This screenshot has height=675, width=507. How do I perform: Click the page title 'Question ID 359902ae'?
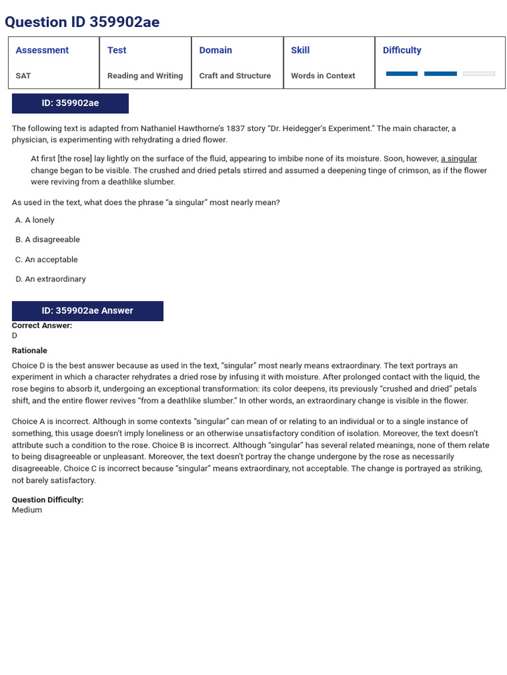click(x=82, y=22)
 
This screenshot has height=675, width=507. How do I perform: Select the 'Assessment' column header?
click(x=42, y=50)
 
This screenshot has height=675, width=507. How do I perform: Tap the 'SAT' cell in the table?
click(x=23, y=76)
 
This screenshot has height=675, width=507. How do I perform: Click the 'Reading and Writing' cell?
click(x=145, y=76)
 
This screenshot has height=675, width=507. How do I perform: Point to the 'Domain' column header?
click(x=216, y=50)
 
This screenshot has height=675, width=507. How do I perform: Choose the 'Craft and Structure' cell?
click(x=235, y=76)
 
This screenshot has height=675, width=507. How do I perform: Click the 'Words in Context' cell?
click(x=323, y=76)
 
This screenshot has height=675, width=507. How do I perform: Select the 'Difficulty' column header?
click(x=402, y=50)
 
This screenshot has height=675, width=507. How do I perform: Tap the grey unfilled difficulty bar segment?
click(x=479, y=74)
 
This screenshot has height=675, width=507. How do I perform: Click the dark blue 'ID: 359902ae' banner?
click(x=70, y=103)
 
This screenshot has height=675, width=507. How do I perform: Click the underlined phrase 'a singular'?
click(x=459, y=159)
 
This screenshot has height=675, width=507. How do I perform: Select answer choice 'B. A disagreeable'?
click(x=48, y=240)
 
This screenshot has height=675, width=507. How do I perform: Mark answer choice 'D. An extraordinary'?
click(x=51, y=279)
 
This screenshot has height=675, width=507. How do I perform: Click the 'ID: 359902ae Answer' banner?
click(x=87, y=311)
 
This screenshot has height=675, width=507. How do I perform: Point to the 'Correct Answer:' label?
click(x=42, y=326)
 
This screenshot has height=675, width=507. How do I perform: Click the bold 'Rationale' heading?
click(x=30, y=351)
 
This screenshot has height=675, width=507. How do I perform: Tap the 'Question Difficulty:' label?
click(x=48, y=500)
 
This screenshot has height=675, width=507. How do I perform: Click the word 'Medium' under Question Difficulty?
click(x=27, y=510)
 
